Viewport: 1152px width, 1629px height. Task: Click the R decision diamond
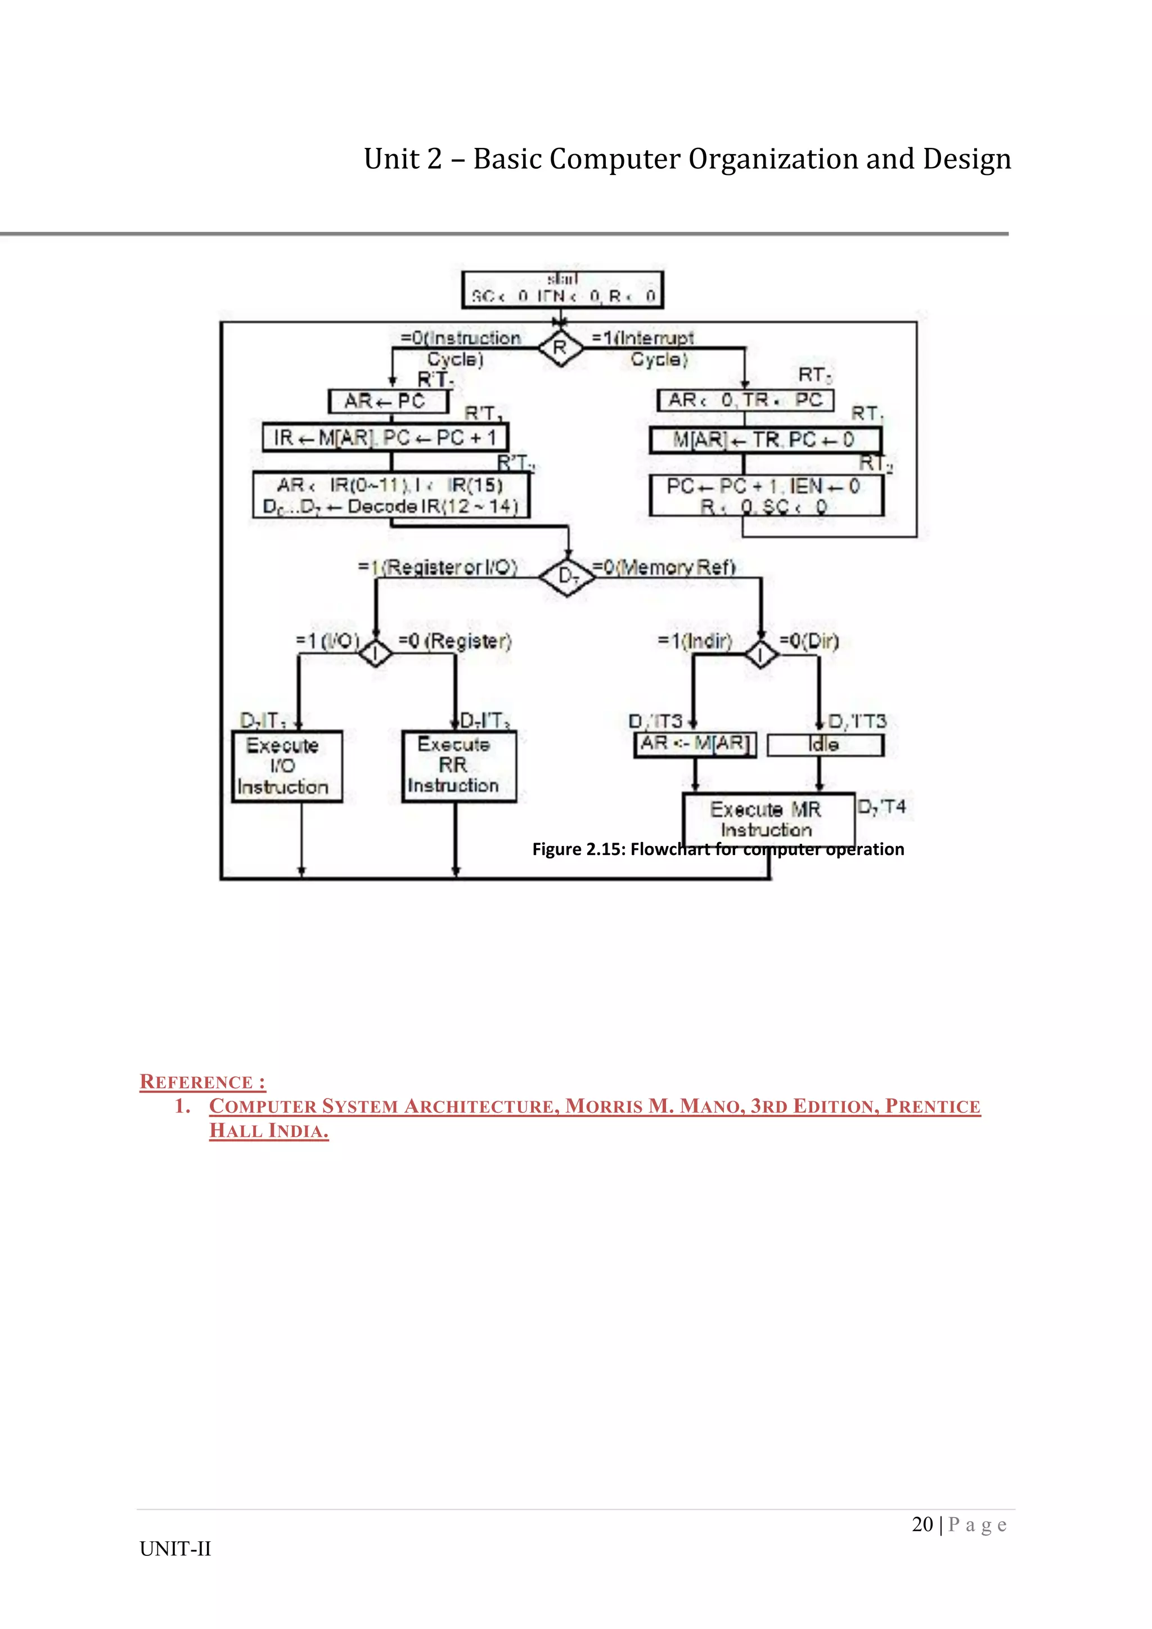(x=560, y=348)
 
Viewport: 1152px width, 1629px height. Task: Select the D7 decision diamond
(x=568, y=576)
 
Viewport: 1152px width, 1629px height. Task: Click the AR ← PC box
(x=388, y=402)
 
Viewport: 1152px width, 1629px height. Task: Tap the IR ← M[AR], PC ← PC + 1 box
(x=385, y=438)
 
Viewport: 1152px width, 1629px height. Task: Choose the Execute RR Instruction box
(x=458, y=766)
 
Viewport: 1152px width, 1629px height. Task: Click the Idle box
(x=825, y=745)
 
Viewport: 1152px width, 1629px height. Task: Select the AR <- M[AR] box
(x=695, y=744)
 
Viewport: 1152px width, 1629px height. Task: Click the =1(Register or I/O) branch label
(x=438, y=568)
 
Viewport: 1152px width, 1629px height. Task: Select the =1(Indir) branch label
(x=695, y=641)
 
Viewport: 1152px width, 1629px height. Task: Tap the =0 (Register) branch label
(x=454, y=641)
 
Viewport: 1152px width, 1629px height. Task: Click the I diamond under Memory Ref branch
(x=760, y=654)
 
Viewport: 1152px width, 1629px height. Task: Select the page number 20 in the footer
(x=922, y=1525)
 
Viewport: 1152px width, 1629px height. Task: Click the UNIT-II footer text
(x=175, y=1549)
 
